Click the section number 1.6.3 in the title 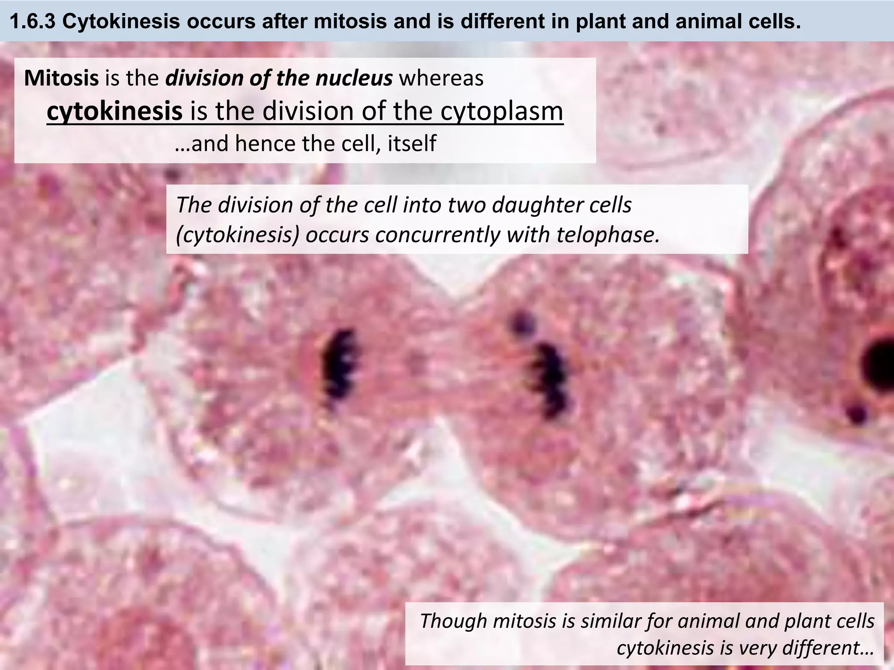pyautogui.click(x=33, y=21)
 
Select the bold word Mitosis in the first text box pyautogui.click(x=61, y=79)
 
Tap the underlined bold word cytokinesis pyautogui.click(x=114, y=111)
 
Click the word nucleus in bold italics pyautogui.click(x=354, y=79)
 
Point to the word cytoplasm pyautogui.click(x=502, y=112)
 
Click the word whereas pyautogui.click(x=441, y=79)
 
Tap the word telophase pyautogui.click(x=608, y=235)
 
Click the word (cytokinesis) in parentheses pyautogui.click(x=238, y=235)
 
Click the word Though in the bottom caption pyautogui.click(x=454, y=620)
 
